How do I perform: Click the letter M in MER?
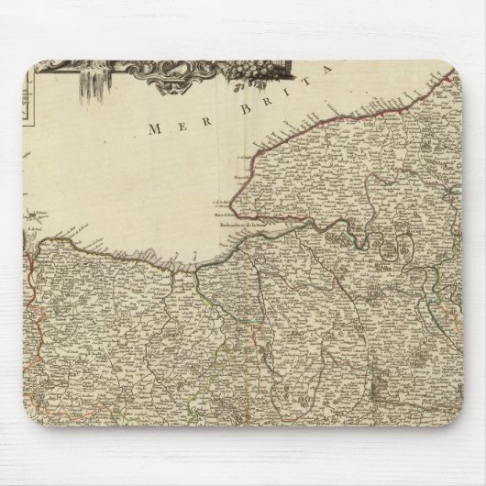pos(153,130)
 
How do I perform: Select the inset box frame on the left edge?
pos(28,101)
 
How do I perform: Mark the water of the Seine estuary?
pos(257,226)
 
